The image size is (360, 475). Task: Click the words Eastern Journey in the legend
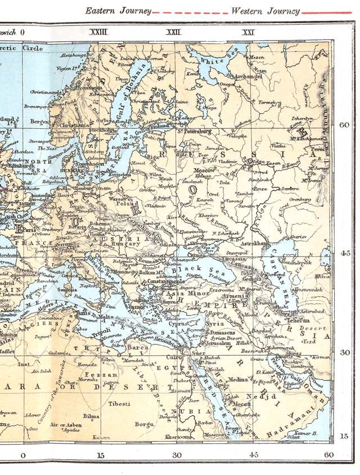tap(118, 11)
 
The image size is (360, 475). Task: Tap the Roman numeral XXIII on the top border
tap(98, 33)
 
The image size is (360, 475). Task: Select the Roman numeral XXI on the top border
tap(247, 33)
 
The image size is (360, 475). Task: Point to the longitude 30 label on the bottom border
tap(177, 455)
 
